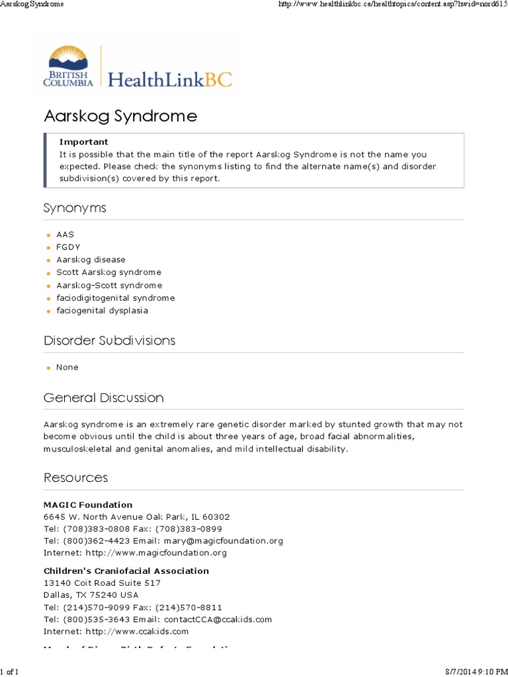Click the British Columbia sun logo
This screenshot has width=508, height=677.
point(69,65)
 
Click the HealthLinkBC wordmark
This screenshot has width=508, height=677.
point(170,79)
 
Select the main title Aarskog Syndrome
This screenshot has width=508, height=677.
point(120,116)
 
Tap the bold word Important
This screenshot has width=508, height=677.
point(84,141)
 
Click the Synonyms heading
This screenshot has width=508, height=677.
point(75,208)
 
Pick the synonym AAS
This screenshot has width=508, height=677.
point(65,235)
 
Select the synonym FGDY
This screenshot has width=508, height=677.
point(68,247)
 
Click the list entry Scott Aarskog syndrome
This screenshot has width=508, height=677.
point(108,272)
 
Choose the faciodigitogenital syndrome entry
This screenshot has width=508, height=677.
point(115,298)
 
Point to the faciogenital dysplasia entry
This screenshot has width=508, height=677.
point(102,311)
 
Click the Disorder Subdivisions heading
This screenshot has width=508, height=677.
point(109,340)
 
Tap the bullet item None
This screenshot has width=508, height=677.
point(67,368)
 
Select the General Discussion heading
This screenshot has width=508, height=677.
point(103,398)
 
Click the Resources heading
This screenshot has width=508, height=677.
point(75,477)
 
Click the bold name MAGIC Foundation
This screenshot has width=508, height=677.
point(88,504)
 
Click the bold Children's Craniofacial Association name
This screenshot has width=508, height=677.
point(126,571)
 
